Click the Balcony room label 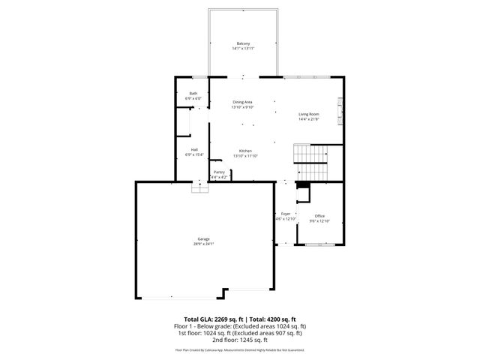[x=243, y=43]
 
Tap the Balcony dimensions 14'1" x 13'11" [x=243, y=48]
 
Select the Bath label [x=193, y=93]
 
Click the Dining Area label [x=242, y=102]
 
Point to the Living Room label [x=309, y=114]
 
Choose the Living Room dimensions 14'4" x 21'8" [x=309, y=119]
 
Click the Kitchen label [x=245, y=150]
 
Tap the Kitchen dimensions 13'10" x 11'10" [x=245, y=155]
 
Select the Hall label [x=194, y=149]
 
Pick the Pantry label [x=219, y=172]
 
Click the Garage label [x=204, y=238]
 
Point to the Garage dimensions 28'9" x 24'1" [x=204, y=244]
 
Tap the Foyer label [x=286, y=214]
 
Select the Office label [x=319, y=216]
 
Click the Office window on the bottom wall [x=319, y=245]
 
